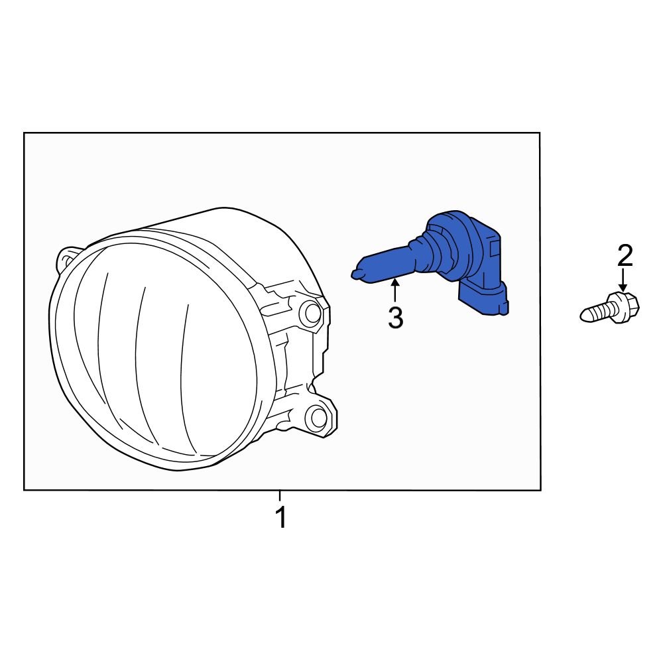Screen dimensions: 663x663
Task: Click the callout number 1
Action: [281, 517]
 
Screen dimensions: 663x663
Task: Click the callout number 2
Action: [625, 256]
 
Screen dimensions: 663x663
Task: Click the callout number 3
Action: [395, 318]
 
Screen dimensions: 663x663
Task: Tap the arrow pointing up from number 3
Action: [395, 292]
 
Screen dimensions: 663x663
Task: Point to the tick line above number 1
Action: [280, 495]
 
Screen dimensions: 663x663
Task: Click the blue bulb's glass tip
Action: [356, 272]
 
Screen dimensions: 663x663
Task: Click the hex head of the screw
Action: [625, 307]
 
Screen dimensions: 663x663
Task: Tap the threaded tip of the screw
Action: [589, 314]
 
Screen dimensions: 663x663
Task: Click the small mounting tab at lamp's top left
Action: [68, 258]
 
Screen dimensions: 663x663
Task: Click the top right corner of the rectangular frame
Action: [539, 133]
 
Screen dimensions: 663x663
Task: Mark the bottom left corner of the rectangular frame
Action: [25, 489]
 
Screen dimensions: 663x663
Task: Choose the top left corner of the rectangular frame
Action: [25, 133]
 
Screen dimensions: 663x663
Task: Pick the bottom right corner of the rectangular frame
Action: [540, 489]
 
